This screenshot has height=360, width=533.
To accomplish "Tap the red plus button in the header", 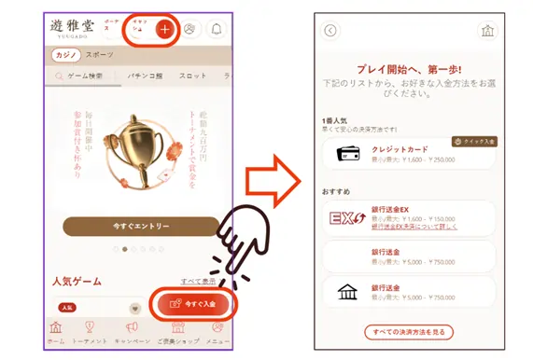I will pos(164,29).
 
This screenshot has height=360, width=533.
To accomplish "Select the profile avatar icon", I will pos(190,29).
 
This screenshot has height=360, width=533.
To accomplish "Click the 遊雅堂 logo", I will pos(71,27).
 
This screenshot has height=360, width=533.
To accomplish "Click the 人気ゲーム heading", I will pos(76,281).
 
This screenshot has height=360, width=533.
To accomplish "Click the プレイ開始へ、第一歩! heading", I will pos(411,68).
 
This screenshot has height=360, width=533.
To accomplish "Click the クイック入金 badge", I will pos(475,142).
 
